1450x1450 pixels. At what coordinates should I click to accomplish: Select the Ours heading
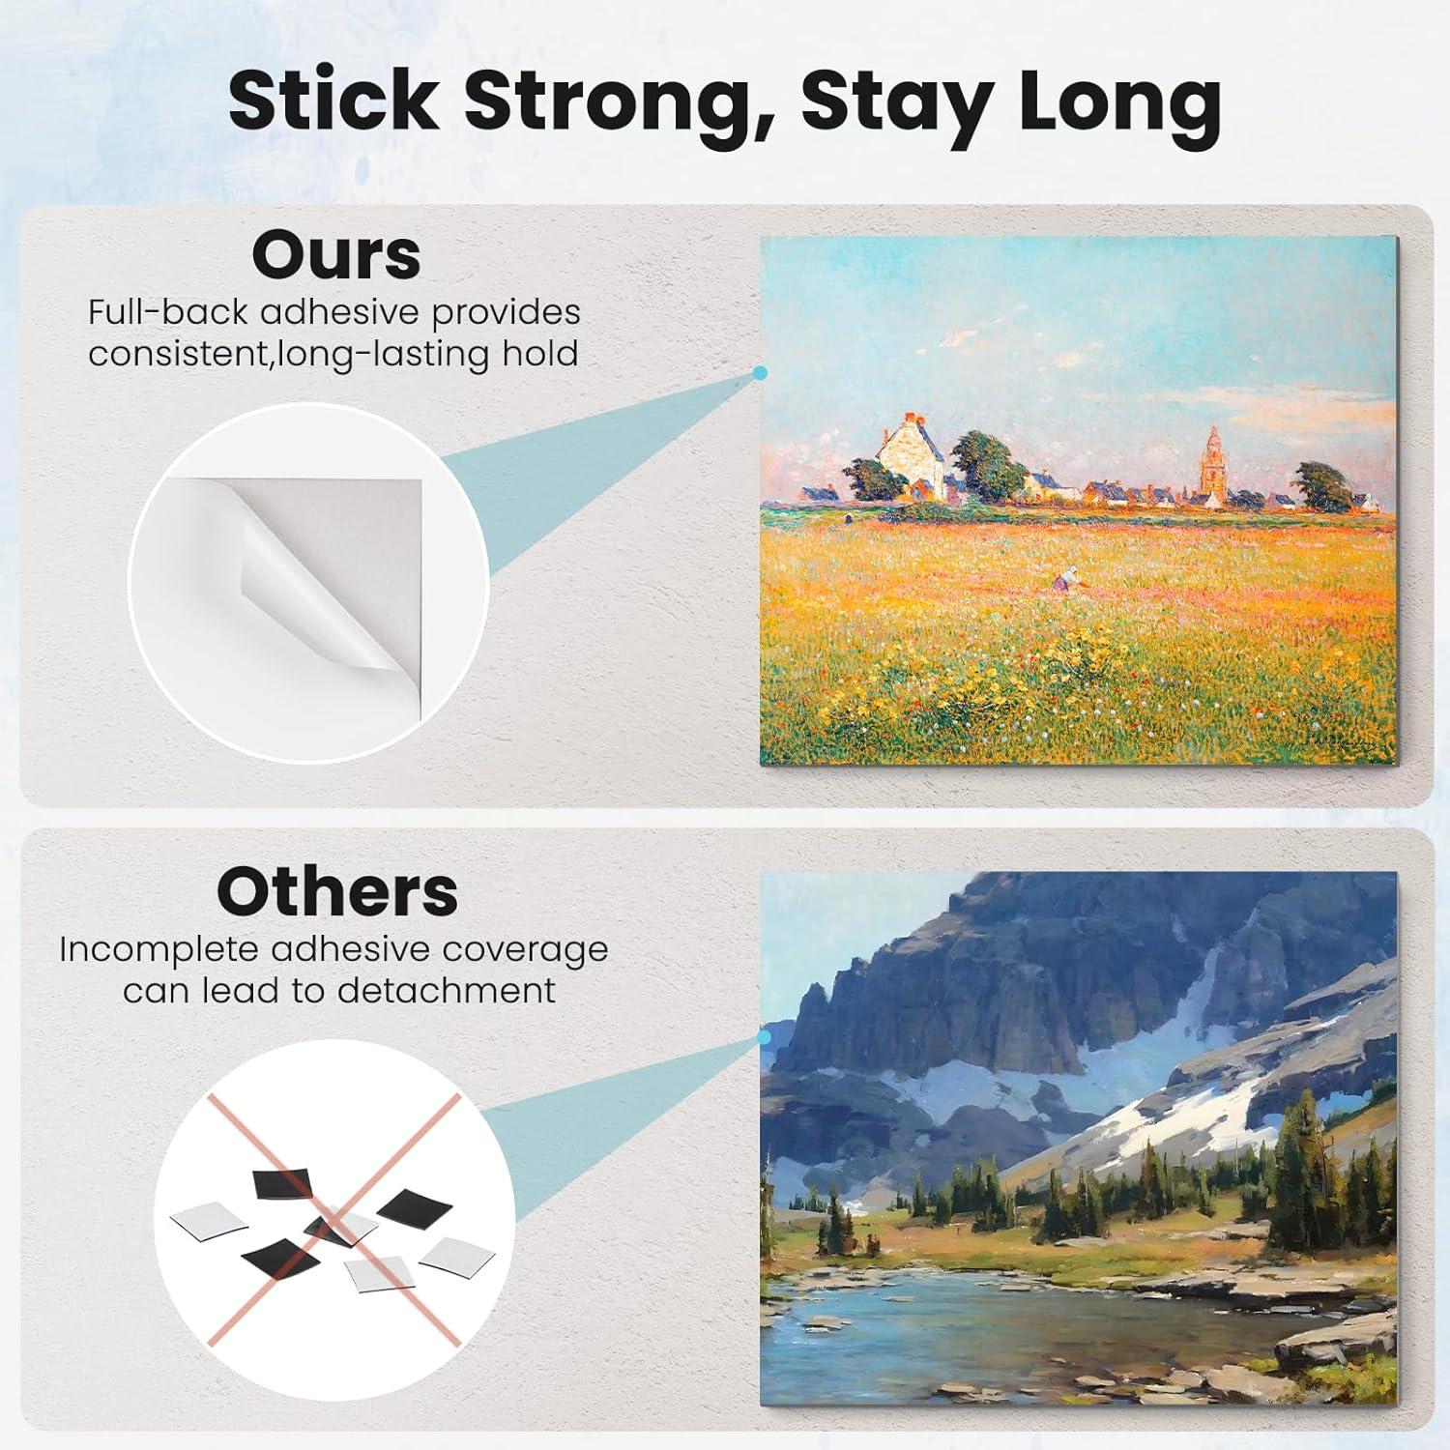[x=336, y=255]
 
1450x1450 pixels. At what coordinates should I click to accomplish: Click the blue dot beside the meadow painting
[x=760, y=372]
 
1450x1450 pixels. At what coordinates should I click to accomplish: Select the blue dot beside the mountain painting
[x=765, y=1037]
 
